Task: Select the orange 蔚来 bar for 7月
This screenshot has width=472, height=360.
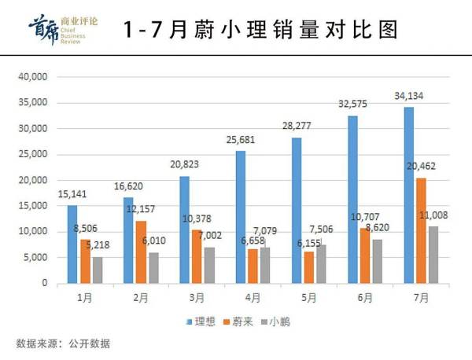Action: click(x=421, y=230)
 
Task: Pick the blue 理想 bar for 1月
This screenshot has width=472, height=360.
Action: click(x=72, y=244)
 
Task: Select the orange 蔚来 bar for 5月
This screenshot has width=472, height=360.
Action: click(x=309, y=267)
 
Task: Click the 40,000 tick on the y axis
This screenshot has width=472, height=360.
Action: click(x=33, y=77)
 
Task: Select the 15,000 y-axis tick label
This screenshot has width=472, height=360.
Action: click(x=33, y=206)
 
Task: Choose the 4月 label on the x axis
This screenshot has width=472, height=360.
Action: click(x=253, y=298)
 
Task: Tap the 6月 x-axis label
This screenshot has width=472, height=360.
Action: click(x=365, y=298)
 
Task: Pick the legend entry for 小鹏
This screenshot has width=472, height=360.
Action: click(x=275, y=321)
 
